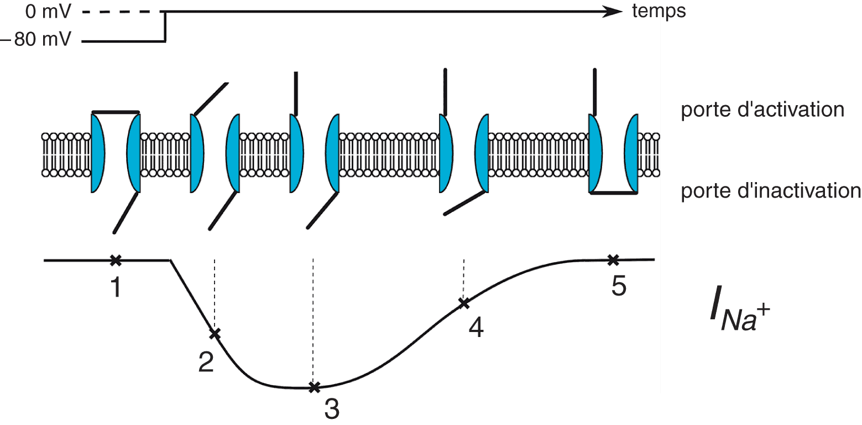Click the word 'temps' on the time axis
659,11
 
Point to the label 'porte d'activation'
762,110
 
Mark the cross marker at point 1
115,260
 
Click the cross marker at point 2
215,333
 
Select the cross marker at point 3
314,387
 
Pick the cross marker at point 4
464,303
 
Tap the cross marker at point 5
612,259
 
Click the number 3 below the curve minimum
332,410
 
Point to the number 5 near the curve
619,286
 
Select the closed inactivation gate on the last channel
612,193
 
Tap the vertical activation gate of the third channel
296,93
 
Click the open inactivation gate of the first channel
125,212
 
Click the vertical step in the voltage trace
165,26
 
